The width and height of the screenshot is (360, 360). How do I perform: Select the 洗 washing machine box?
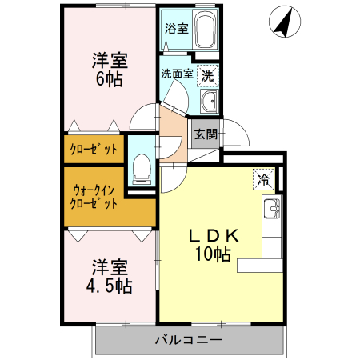[x=207, y=77]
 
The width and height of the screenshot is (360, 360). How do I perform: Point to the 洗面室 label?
[x=177, y=74]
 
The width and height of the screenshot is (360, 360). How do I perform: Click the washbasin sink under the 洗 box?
[x=210, y=101]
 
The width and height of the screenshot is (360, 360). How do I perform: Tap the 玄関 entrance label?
[x=204, y=134]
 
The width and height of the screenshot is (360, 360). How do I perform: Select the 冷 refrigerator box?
[x=262, y=180]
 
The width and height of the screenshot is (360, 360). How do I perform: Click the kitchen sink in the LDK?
[x=272, y=210]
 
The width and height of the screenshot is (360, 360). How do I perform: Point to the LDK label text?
[x=214, y=237]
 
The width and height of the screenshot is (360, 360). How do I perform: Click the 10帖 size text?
[x=214, y=255]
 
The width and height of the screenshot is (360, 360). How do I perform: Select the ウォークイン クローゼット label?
[x=95, y=196]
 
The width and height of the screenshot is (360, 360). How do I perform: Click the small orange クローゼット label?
[x=94, y=149]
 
